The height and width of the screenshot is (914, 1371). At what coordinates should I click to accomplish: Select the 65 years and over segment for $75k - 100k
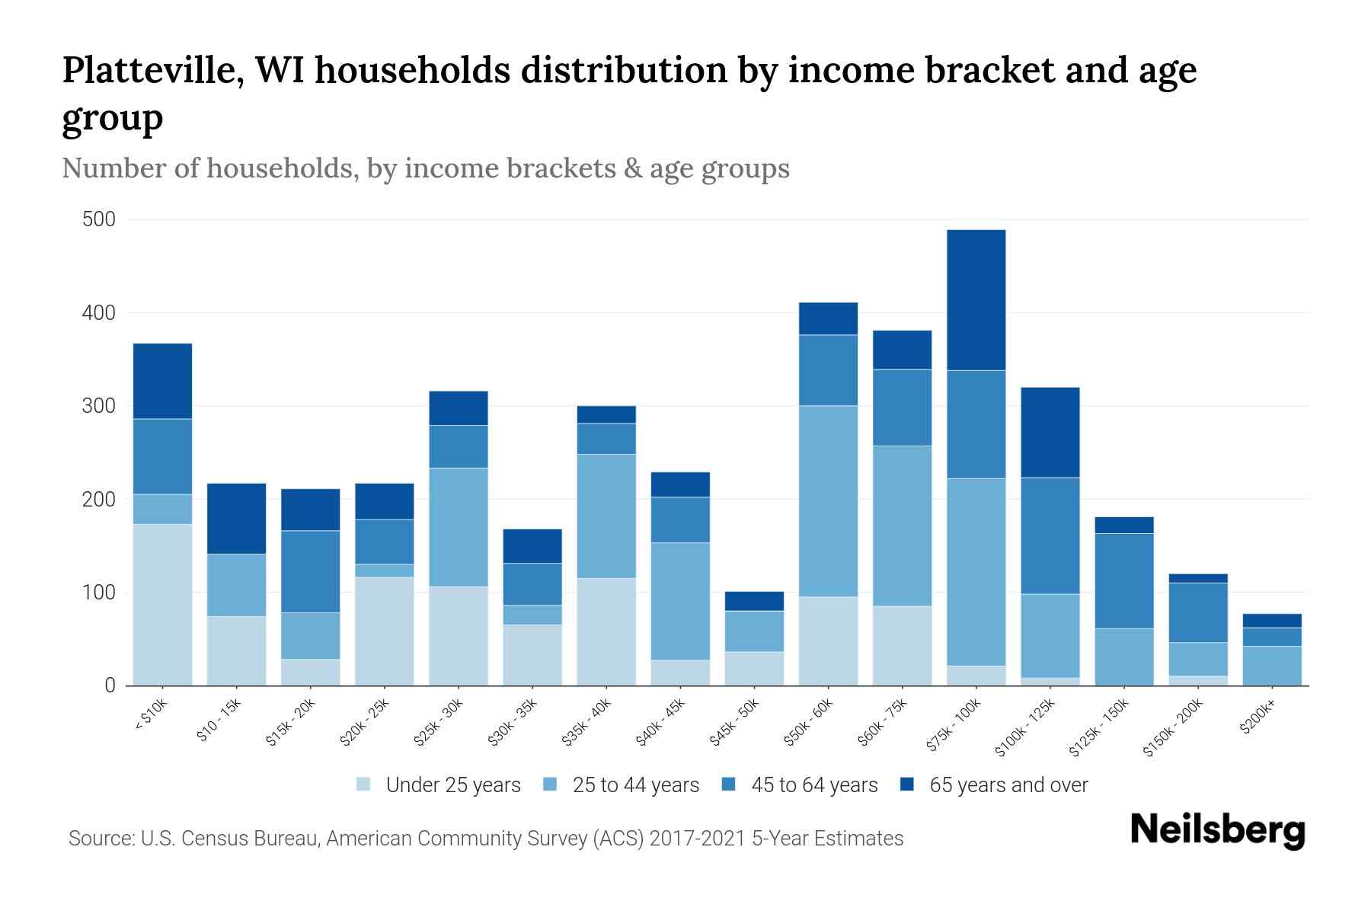[x=976, y=299]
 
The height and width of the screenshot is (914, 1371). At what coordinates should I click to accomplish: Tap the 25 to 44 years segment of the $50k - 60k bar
[x=828, y=500]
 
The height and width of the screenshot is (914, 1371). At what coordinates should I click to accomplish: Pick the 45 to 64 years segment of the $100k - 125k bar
[x=1050, y=535]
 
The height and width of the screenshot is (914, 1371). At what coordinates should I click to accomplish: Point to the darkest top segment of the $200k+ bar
[x=1272, y=620]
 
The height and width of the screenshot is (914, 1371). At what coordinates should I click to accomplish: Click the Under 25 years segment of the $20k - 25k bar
[x=385, y=631]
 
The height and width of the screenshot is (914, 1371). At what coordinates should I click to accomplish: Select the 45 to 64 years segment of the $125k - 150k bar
[x=1124, y=580]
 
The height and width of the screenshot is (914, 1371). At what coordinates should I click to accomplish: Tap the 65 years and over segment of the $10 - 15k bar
[x=236, y=518]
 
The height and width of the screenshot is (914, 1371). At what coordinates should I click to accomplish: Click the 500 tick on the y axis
[x=98, y=220]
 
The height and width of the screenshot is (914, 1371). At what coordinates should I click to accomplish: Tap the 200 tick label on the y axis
[x=98, y=500]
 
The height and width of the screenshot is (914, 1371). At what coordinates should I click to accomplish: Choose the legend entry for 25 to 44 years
[x=635, y=785]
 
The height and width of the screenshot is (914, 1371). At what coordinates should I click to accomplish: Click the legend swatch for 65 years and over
[x=907, y=785]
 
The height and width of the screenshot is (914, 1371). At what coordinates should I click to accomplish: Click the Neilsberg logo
[x=1217, y=830]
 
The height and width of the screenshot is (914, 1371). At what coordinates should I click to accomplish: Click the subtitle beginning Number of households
[x=425, y=168]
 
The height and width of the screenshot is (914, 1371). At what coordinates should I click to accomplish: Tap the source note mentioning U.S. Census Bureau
[x=485, y=839]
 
